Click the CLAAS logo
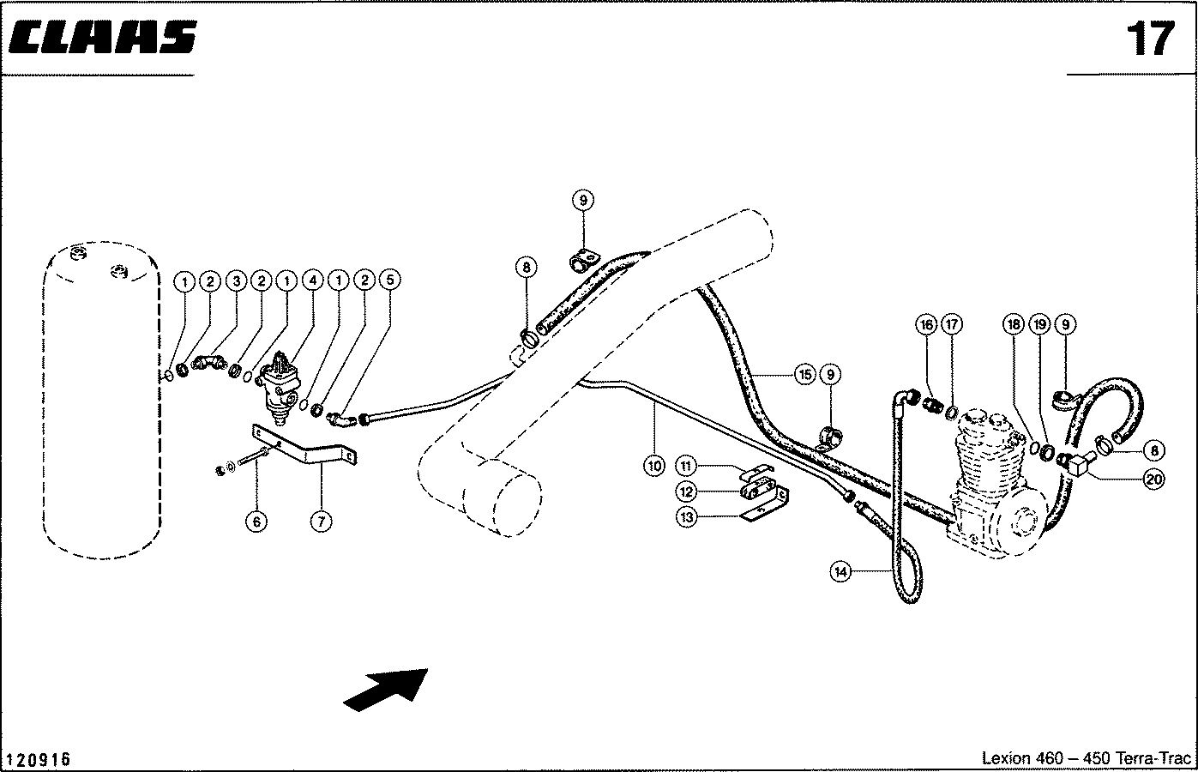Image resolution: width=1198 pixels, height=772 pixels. [x=103, y=38]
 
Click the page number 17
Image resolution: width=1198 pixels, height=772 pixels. [x=1150, y=39]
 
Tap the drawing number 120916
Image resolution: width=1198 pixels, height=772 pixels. [x=38, y=759]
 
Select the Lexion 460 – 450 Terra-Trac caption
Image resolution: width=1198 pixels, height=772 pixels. [x=1087, y=758]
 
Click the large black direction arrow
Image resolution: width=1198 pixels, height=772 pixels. [x=386, y=690]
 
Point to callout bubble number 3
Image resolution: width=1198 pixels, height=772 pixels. [x=236, y=280]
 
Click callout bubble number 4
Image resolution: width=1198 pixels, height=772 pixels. [x=312, y=280]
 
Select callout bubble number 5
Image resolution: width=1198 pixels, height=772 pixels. [x=389, y=280]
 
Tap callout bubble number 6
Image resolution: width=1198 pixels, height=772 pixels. [x=256, y=521]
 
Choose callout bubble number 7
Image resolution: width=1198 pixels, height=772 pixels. [x=321, y=521]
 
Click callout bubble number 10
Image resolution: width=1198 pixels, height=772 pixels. [x=654, y=466]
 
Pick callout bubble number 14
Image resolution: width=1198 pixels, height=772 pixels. [x=840, y=572]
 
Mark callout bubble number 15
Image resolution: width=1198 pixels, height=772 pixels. [x=804, y=375]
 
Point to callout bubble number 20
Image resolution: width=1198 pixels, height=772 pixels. [x=1153, y=479]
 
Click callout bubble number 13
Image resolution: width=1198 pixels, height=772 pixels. [x=686, y=516]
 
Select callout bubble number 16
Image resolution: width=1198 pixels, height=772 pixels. [x=926, y=324]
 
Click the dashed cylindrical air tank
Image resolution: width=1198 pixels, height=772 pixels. [x=101, y=401]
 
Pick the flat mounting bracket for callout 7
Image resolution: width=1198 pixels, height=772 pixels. [x=304, y=444]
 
